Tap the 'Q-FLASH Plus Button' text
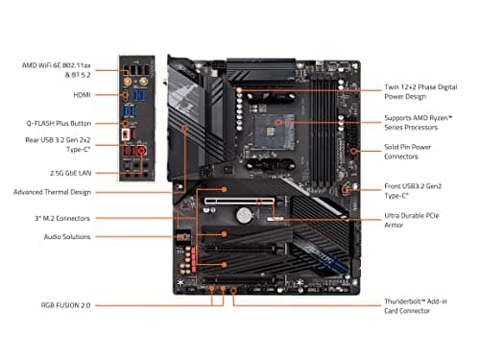[x=57, y=124]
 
